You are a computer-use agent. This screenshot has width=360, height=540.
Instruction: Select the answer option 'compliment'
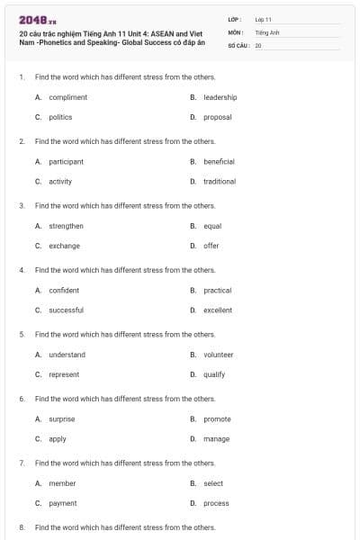67,97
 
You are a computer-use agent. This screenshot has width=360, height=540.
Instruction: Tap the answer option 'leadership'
220,97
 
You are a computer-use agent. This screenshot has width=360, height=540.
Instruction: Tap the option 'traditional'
220,181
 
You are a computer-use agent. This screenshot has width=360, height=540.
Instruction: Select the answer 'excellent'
217,310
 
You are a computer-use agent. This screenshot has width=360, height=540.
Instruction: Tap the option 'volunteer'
218,355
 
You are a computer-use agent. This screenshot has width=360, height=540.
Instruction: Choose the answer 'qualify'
214,374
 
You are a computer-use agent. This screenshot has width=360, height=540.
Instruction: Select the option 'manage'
216,439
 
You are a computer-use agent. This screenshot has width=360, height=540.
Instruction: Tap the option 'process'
216,503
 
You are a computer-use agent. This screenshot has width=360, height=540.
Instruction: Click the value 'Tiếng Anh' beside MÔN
267,31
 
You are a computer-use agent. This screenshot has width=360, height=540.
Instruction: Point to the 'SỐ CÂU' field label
238,44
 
